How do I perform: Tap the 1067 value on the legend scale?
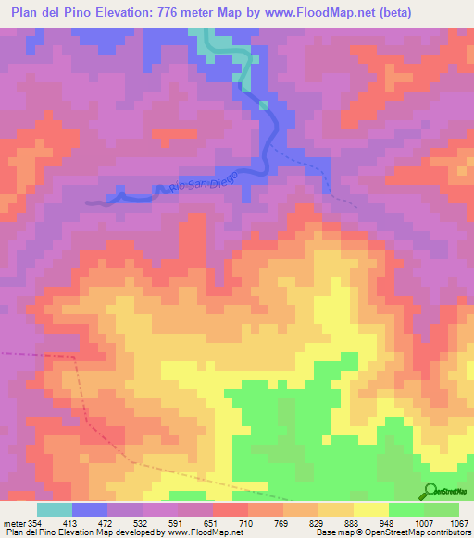coord(460,523)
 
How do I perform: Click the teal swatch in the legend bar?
coord(54,509)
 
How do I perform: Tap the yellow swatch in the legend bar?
coord(370,509)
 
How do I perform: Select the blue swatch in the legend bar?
coord(90,509)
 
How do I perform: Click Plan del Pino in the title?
coord(47,12)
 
